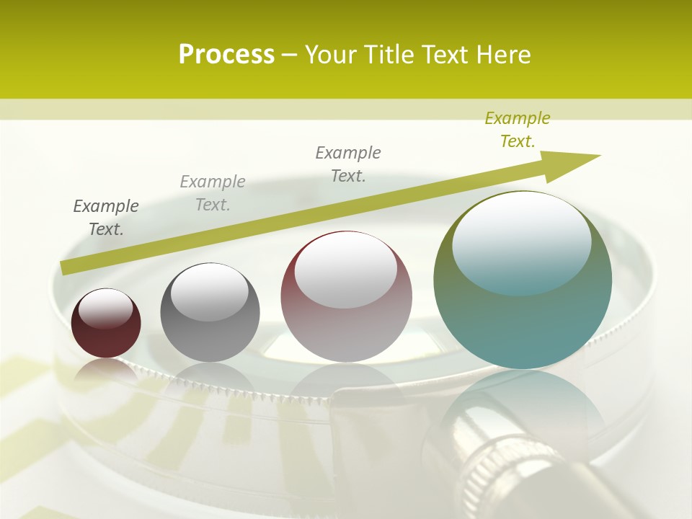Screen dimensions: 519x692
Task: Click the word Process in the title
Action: pyautogui.click(x=226, y=55)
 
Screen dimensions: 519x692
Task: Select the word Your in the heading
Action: pyautogui.click(x=332, y=55)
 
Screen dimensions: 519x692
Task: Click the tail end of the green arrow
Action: pyautogui.click(x=66, y=268)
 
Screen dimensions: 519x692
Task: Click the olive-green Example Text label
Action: pyautogui.click(x=517, y=130)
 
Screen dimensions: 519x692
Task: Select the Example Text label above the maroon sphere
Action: pyautogui.click(x=106, y=218)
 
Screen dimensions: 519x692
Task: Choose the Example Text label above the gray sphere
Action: pyautogui.click(x=213, y=193)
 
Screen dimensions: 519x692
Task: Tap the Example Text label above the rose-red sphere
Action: pyautogui.click(x=348, y=164)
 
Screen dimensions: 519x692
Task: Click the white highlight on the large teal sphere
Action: pyautogui.click(x=521, y=241)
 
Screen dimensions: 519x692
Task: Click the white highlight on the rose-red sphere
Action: pyautogui.click(x=345, y=269)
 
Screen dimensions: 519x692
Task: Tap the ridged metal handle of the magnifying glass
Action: pyautogui.click(x=497, y=461)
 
